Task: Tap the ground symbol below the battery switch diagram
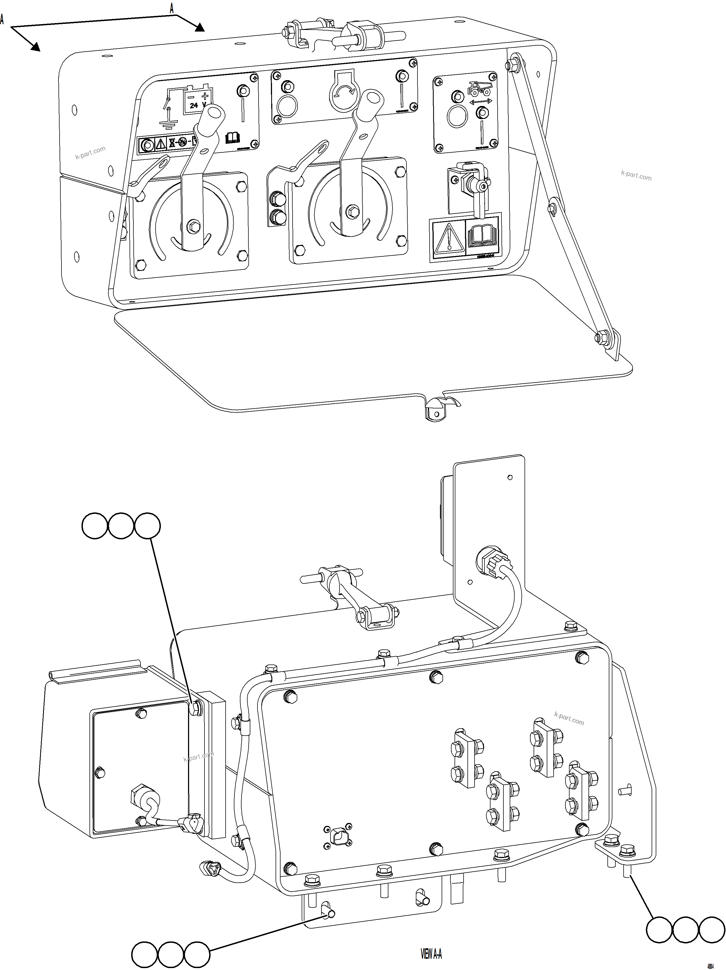click(168, 124)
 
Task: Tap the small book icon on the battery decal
click(233, 138)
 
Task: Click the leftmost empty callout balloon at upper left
click(95, 526)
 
